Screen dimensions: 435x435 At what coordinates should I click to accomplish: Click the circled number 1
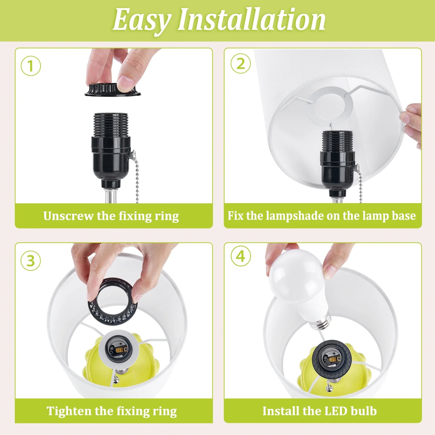click(31, 66)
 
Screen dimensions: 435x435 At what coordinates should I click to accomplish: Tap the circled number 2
click(241, 64)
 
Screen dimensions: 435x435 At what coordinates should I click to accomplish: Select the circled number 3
click(30, 261)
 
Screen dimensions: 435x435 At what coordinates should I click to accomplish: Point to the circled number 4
click(241, 256)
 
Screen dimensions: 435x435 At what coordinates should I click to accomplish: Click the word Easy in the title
click(141, 20)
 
